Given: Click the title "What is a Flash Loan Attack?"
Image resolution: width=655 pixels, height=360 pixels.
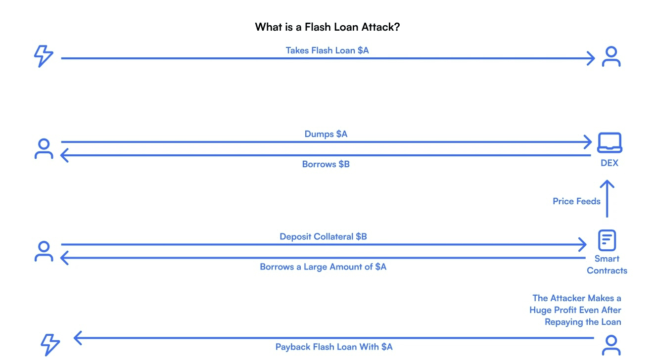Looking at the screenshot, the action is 327,27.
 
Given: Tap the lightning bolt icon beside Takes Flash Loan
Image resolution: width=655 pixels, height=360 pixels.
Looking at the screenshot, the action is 44,56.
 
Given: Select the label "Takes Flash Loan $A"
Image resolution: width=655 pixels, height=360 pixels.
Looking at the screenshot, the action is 327,50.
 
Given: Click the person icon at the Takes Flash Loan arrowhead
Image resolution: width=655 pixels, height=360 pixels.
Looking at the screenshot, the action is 611,57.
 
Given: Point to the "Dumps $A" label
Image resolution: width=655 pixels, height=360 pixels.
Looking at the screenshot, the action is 326,134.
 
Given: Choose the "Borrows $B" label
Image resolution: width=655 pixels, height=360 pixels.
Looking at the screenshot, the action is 326,164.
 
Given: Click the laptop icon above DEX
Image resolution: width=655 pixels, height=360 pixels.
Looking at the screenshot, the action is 609,143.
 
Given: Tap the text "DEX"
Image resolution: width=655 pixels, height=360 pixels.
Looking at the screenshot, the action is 609,163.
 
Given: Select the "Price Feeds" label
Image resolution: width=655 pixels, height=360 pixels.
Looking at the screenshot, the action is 576,201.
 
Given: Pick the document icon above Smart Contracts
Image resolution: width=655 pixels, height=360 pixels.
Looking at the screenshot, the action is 607,241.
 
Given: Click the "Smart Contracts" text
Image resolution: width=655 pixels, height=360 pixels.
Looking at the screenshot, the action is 607,265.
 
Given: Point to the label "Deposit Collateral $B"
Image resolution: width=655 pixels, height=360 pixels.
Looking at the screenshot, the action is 323,237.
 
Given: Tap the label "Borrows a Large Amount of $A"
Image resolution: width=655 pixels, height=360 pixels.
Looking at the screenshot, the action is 323,267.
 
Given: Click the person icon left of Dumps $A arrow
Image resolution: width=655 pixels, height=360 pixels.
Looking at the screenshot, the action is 44,148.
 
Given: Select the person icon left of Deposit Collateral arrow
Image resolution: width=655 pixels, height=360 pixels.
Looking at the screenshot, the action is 44,251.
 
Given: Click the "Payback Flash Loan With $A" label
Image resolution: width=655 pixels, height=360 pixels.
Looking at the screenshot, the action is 334,347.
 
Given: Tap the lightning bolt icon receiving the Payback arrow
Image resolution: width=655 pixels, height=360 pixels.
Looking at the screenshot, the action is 50,344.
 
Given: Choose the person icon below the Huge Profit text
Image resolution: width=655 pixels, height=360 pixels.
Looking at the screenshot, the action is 611,345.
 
